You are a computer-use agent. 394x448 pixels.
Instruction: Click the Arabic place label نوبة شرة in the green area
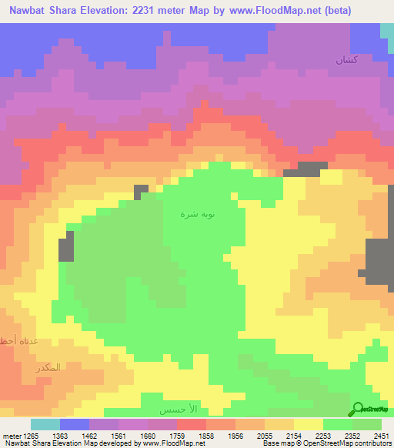[x=192, y=216]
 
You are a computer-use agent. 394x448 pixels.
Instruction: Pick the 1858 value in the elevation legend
[x=208, y=436]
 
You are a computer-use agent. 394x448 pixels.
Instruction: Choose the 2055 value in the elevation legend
[x=265, y=436]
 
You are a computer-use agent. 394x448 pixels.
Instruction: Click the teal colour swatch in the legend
[x=45, y=424]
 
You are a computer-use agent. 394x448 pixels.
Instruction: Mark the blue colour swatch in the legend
[x=75, y=424]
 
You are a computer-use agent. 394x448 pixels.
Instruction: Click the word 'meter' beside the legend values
[x=9, y=436]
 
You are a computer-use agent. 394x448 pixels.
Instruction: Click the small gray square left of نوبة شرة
[x=142, y=192]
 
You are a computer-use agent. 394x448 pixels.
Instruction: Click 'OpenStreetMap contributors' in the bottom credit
[x=351, y=444]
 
